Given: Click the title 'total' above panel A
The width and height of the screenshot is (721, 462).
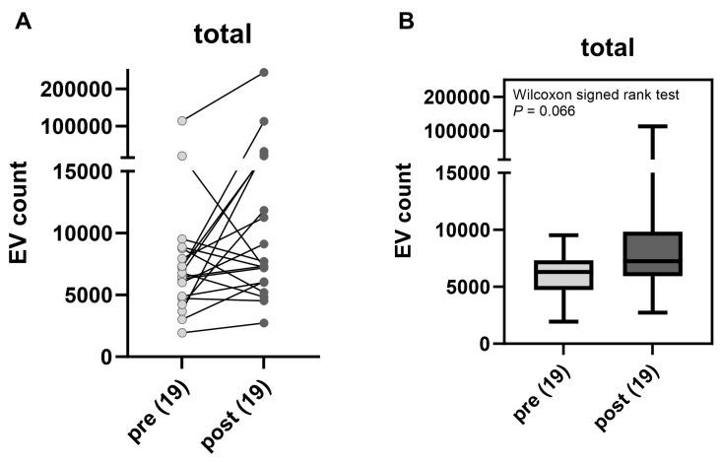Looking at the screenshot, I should click(x=223, y=34).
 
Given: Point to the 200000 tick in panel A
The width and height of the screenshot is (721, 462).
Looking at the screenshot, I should click(x=87, y=89).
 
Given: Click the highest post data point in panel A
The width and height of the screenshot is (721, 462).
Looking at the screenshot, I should click(x=264, y=73).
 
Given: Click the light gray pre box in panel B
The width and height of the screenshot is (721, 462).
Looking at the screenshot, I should click(x=563, y=275).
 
